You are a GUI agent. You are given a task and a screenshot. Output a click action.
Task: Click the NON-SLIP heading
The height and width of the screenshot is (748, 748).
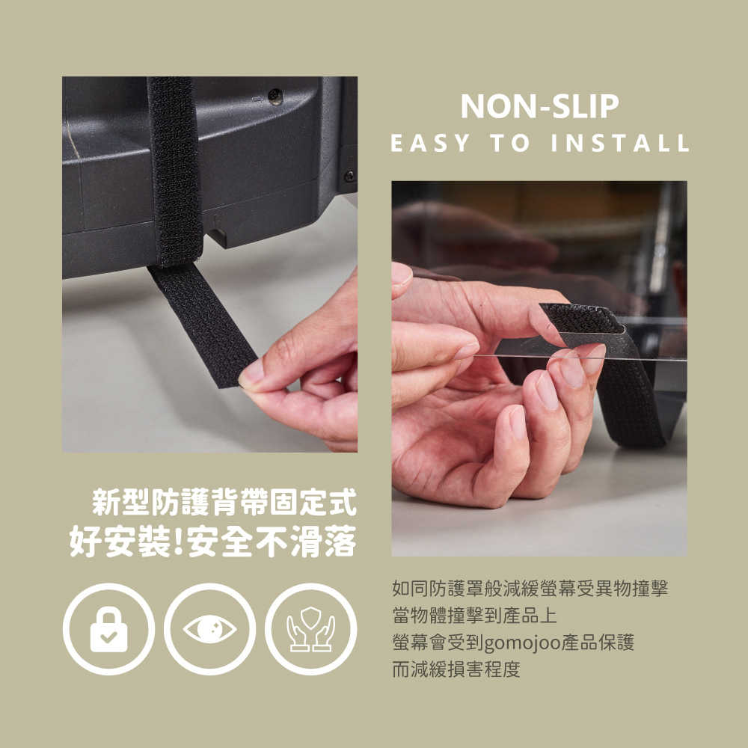point(539,106)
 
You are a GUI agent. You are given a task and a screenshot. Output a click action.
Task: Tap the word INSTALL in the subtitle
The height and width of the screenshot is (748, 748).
point(621,143)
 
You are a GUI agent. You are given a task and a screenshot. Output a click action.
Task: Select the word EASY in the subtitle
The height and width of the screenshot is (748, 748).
point(430,143)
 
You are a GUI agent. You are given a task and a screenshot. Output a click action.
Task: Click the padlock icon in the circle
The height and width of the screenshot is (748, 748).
point(109,629)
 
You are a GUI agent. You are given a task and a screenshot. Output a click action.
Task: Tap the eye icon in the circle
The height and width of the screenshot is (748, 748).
point(210,629)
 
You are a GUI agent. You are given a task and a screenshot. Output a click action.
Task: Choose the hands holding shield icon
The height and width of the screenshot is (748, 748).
point(310,629)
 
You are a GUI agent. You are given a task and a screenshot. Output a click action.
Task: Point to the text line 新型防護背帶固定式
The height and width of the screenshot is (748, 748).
point(224,503)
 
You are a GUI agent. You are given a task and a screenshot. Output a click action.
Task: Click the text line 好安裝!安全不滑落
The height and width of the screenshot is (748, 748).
point(213,542)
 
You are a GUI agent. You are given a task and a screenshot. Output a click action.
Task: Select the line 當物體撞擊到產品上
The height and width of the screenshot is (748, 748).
point(475,616)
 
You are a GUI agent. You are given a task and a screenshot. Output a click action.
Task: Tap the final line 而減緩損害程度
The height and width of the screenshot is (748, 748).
point(456,669)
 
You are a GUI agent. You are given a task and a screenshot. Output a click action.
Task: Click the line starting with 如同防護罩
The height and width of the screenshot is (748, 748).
point(530,588)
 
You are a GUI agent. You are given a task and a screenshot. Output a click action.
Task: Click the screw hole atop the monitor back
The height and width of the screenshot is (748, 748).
point(275,96)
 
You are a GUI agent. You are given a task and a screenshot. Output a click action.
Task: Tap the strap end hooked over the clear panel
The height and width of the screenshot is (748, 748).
point(584,319)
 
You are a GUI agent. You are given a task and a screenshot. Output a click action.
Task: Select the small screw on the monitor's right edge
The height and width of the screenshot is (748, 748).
point(349,176)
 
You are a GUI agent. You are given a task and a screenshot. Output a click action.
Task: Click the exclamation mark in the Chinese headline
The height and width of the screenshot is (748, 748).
point(179,542)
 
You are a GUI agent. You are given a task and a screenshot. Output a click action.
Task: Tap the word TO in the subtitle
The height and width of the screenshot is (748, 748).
point(510,143)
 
